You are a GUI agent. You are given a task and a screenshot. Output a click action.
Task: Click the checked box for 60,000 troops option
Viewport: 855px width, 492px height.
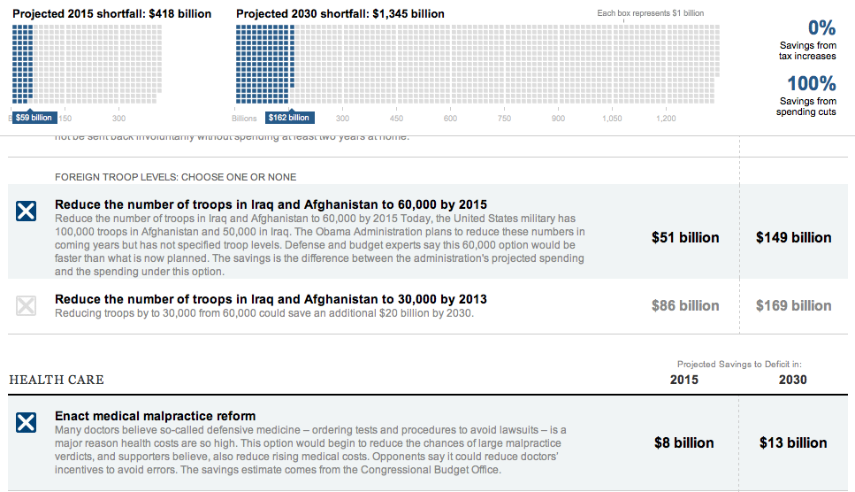(x=27, y=211)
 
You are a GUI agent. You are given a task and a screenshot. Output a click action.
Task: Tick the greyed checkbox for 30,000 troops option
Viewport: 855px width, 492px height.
(x=27, y=306)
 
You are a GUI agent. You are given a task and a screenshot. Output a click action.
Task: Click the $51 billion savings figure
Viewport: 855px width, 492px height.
(x=685, y=237)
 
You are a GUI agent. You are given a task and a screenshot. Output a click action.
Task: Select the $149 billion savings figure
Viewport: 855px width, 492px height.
(x=793, y=237)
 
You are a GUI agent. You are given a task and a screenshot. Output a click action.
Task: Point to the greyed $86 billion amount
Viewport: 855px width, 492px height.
(x=685, y=305)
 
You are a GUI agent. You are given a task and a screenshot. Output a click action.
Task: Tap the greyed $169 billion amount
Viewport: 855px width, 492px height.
(x=793, y=305)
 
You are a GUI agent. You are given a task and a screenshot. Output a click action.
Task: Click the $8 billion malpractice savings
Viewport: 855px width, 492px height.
(x=683, y=442)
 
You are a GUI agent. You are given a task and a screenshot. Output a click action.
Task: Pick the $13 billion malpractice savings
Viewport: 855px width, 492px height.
(x=793, y=442)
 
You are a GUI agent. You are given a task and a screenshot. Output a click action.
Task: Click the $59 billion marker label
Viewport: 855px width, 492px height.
(x=34, y=118)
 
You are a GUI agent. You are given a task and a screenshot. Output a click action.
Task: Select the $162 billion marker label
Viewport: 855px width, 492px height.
(x=288, y=118)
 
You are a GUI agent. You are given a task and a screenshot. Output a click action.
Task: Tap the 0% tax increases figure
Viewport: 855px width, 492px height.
(x=821, y=28)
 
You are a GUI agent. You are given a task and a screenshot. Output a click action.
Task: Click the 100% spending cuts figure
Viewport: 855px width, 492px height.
(x=812, y=84)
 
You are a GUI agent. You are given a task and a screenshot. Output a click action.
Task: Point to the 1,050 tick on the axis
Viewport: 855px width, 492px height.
(x=612, y=119)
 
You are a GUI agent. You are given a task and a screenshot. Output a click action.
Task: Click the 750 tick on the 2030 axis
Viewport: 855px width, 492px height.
(x=504, y=119)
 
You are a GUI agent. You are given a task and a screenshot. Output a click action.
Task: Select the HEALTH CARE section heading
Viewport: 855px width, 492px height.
(x=57, y=380)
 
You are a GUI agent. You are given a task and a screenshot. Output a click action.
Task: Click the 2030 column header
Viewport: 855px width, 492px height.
(x=792, y=380)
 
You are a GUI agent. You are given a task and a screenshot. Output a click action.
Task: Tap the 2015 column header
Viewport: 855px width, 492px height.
(x=683, y=380)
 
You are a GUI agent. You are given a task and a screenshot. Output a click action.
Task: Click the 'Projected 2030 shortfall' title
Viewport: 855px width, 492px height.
(x=340, y=14)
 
